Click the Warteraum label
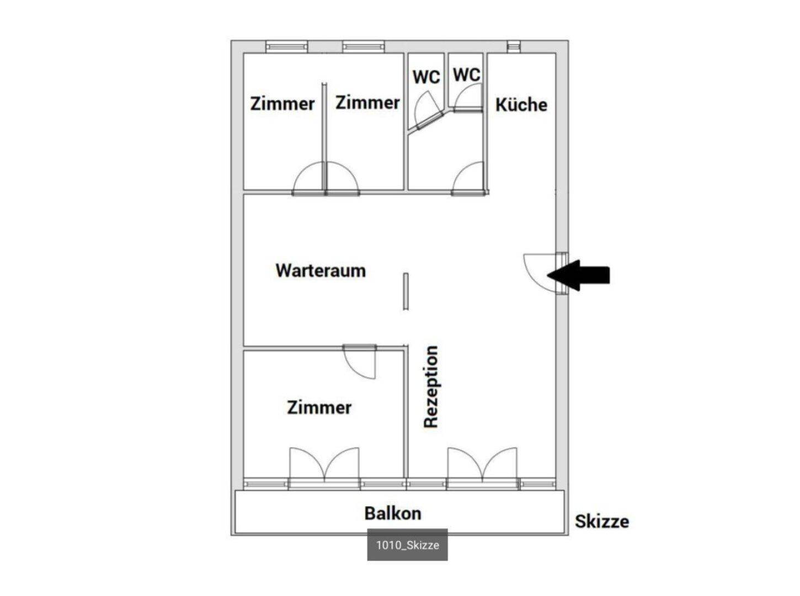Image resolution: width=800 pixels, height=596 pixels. point(321,270)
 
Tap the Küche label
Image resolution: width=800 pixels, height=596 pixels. point(521,105)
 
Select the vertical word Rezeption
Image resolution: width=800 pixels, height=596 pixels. point(431,387)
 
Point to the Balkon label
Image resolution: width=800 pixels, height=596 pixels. point(393,513)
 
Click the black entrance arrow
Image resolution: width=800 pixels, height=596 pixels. point(578,275)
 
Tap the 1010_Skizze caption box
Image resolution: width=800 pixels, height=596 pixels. point(407,545)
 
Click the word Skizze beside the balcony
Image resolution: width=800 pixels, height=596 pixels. point(602,521)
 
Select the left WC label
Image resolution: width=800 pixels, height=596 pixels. point(426,77)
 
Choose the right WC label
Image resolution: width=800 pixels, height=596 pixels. point(467,74)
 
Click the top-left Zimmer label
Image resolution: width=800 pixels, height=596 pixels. point(282,104)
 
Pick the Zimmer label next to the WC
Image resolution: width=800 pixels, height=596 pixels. point(367,103)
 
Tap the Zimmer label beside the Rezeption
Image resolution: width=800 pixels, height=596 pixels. point(319,408)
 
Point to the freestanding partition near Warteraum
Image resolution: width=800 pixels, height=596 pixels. point(406,291)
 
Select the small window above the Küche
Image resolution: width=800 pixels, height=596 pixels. point(514,46)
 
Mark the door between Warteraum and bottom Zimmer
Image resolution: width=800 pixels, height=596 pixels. point(360,361)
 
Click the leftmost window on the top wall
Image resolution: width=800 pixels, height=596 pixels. point(287,46)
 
